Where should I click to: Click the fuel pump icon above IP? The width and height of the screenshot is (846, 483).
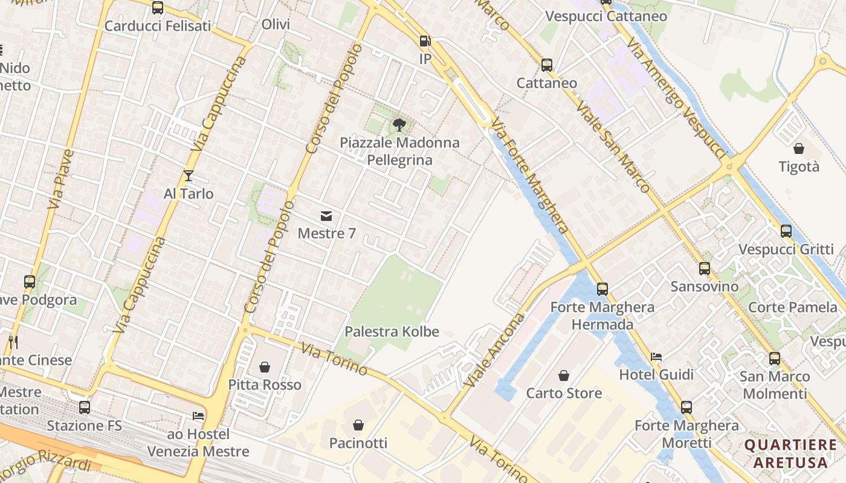click(x=425, y=41)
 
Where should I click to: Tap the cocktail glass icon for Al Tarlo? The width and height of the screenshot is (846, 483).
click(x=189, y=176)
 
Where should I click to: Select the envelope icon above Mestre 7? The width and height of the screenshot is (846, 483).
click(x=326, y=216)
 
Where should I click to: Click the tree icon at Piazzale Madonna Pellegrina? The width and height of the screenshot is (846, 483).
click(x=399, y=125)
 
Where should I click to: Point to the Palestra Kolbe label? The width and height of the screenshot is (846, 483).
click(x=392, y=331)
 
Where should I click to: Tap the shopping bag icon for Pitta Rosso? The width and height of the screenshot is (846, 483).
click(x=265, y=367)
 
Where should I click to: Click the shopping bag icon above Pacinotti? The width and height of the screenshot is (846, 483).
click(x=358, y=425)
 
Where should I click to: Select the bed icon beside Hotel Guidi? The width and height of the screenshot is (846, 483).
click(x=656, y=357)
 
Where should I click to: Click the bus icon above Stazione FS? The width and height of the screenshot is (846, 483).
click(x=85, y=408)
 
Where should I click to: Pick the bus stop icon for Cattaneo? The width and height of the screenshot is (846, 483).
click(x=547, y=65)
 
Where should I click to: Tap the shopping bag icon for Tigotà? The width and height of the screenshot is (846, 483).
click(x=799, y=149)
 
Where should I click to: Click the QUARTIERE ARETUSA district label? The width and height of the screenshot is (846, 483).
click(x=790, y=454)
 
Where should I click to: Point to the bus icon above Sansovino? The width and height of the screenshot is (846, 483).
click(x=705, y=269)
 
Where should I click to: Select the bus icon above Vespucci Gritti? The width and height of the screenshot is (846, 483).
click(x=786, y=231)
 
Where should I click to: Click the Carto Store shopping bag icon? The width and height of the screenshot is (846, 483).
click(x=564, y=376)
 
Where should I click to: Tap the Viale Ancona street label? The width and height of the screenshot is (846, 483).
click(x=494, y=350)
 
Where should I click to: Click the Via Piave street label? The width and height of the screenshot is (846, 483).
click(x=60, y=180)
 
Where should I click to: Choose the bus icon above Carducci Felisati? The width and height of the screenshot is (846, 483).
click(x=158, y=8)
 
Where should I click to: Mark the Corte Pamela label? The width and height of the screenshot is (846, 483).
click(x=793, y=307)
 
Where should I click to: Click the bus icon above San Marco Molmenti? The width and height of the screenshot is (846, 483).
click(x=775, y=359)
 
